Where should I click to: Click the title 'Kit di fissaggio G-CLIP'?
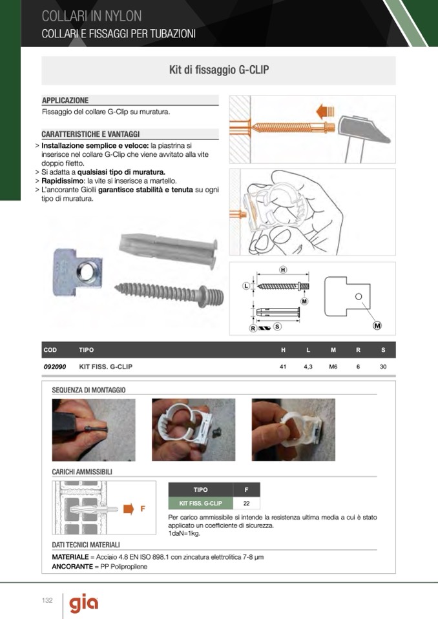tap(219, 70)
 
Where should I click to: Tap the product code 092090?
tap(55, 367)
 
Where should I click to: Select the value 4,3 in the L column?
tap(308, 367)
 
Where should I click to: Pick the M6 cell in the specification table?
tap(333, 367)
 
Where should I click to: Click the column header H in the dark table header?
tap(283, 350)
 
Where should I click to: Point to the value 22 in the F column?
tap(246, 503)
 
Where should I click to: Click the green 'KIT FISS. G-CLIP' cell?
tap(201, 503)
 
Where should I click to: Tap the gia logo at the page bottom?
tap(84, 604)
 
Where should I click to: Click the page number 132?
tap(47, 600)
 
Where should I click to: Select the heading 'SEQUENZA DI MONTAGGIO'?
tap(89, 390)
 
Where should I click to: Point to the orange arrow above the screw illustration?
tap(326, 112)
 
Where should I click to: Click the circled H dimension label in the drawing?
tap(283, 270)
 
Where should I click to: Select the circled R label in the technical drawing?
tap(253, 328)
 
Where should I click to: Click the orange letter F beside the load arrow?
tap(143, 509)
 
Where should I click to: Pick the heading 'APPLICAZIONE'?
tap(65, 100)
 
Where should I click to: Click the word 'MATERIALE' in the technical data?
tap(70, 557)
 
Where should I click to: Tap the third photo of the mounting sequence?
tap(293, 430)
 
